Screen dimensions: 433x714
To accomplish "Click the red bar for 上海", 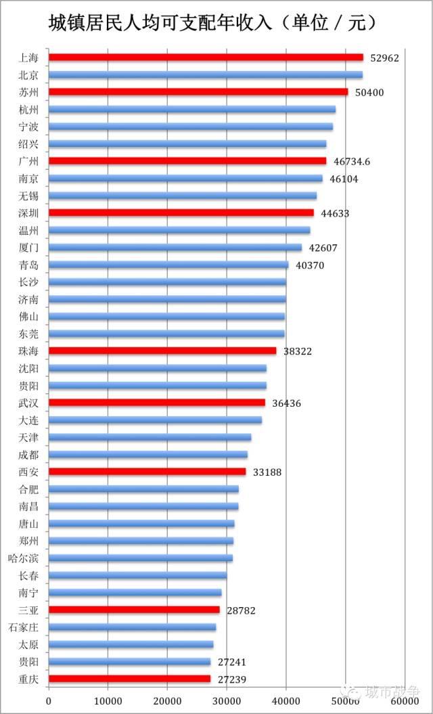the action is click(206, 58).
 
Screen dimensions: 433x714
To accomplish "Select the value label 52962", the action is click(385, 58).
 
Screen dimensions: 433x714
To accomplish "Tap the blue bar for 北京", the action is click(206, 74).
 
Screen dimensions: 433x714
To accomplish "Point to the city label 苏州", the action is click(28, 93).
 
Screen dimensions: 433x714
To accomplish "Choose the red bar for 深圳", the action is click(181, 213).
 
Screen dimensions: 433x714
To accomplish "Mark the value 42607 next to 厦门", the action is click(323, 248).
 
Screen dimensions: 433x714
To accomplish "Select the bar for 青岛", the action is click(168, 265).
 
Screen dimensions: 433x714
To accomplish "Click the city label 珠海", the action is click(28, 351).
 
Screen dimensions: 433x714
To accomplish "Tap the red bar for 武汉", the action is click(157, 403).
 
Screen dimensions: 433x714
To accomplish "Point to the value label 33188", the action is click(267, 472).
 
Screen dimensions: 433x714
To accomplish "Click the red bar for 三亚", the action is click(135, 610).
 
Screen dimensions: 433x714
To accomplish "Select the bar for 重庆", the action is click(130, 679).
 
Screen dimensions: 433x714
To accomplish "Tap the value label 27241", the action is click(232, 662).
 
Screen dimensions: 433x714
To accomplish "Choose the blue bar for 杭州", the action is click(192, 109).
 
